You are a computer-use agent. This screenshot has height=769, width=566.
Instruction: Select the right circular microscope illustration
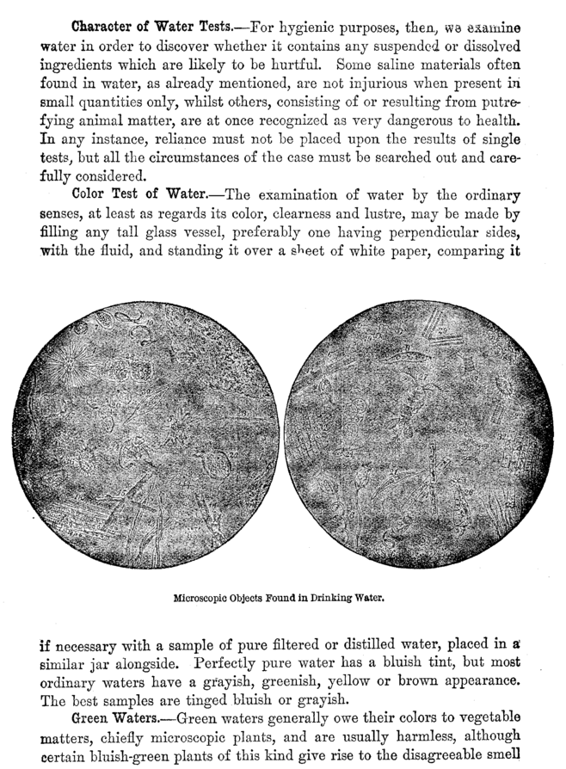click(x=419, y=433)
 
